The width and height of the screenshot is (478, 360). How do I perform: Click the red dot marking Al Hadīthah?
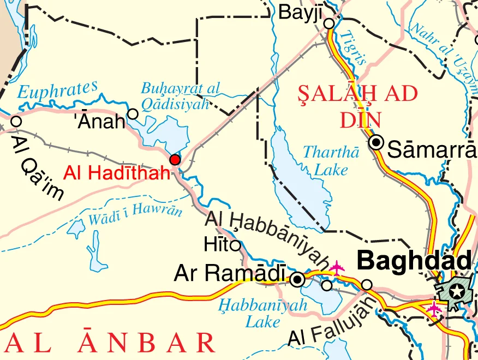pyautogui.click(x=175, y=160)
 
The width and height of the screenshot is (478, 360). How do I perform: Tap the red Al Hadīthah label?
pyautogui.click(x=117, y=174)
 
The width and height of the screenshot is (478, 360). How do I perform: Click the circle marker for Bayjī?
pyautogui.click(x=329, y=23)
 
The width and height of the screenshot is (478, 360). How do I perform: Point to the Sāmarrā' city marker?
pyautogui.click(x=377, y=143)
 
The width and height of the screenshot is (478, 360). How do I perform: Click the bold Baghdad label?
pyautogui.click(x=414, y=261)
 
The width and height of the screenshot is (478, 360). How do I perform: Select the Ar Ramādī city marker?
pyautogui.click(x=297, y=280)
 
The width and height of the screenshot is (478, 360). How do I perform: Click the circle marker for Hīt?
pyautogui.click(x=236, y=245)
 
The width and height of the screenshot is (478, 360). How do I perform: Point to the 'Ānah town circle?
pyautogui.click(x=133, y=113)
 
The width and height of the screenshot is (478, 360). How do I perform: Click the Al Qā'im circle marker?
pyautogui.click(x=16, y=121)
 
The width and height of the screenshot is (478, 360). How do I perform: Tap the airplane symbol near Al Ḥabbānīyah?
pyautogui.click(x=337, y=268)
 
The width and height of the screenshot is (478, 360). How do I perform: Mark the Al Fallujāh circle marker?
pyautogui.click(x=367, y=285)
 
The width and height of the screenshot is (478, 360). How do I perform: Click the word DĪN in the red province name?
pyautogui.click(x=360, y=119)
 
